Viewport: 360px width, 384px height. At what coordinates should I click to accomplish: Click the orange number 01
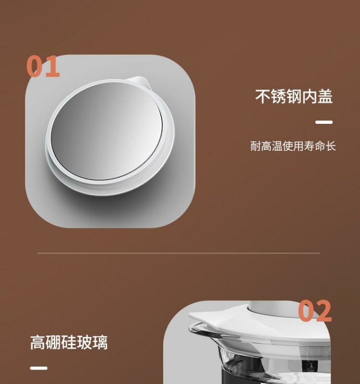pos(43,67)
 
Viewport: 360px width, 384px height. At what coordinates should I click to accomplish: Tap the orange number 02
pos(315,312)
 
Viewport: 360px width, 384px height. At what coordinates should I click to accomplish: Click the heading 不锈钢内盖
pos(294,96)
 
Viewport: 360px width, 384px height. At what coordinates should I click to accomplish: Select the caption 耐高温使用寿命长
pos(293,146)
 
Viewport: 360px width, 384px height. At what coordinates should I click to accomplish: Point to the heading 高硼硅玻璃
pos(69,343)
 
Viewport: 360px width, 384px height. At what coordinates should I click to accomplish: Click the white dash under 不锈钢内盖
pos(324,122)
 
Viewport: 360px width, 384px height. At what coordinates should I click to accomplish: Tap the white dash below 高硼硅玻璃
pos(39,368)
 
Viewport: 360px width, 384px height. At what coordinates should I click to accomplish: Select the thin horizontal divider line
pos(179,253)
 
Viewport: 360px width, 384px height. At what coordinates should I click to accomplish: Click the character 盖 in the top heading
pos(325,96)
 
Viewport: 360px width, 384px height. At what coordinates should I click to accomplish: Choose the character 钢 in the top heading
pos(294,96)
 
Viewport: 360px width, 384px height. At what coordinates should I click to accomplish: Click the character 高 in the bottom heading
pos(38,343)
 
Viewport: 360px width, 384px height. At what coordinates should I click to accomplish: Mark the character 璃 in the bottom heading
pos(100,343)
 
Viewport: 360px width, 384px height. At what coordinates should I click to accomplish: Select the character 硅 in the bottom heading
pos(69,343)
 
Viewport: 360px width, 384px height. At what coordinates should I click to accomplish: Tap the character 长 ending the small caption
pos(330,146)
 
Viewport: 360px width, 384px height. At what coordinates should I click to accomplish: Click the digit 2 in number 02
pos(323,312)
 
